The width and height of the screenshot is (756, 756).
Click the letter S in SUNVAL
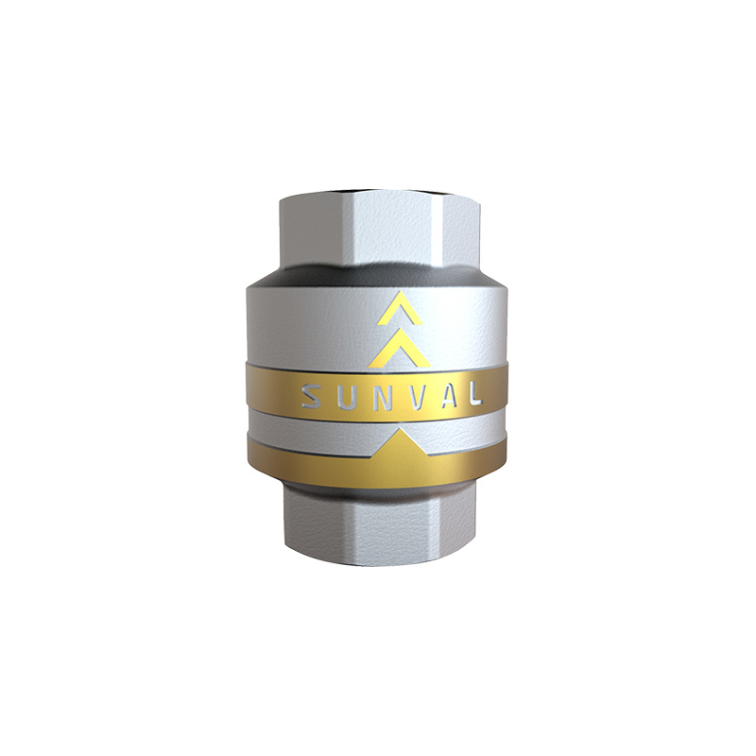pyautogui.click(x=313, y=395)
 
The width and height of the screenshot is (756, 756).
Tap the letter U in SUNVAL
pyautogui.click(x=346, y=395)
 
